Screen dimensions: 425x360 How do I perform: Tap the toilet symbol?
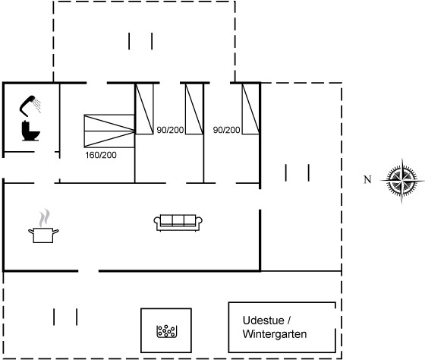click(x=30, y=131)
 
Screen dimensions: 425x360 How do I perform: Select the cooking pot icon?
click(x=43, y=235)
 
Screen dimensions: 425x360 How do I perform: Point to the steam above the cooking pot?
click(x=45, y=217)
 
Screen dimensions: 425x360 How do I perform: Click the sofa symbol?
click(x=178, y=223)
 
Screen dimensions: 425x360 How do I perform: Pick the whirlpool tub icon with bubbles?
click(x=167, y=331)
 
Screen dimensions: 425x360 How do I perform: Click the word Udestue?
click(x=263, y=321)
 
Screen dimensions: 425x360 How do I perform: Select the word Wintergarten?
click(x=275, y=334)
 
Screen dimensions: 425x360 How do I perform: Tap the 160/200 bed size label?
click(x=101, y=155)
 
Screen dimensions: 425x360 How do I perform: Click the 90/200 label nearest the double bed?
click(x=170, y=130)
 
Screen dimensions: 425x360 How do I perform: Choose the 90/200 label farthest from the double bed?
click(x=227, y=130)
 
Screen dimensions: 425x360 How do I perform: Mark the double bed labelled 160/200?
click(x=109, y=131)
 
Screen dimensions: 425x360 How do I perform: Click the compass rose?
click(x=402, y=180)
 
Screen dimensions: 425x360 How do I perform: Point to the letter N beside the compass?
click(x=367, y=179)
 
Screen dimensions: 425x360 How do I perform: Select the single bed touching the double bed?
click(x=144, y=109)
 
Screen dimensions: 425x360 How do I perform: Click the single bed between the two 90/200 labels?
click(x=194, y=109)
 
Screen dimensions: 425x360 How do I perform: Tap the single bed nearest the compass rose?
click(x=250, y=109)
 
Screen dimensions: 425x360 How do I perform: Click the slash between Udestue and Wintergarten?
click(x=289, y=321)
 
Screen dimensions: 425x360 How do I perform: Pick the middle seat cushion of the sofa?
click(x=178, y=220)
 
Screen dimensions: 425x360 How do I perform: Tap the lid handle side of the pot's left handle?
click(x=31, y=232)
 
